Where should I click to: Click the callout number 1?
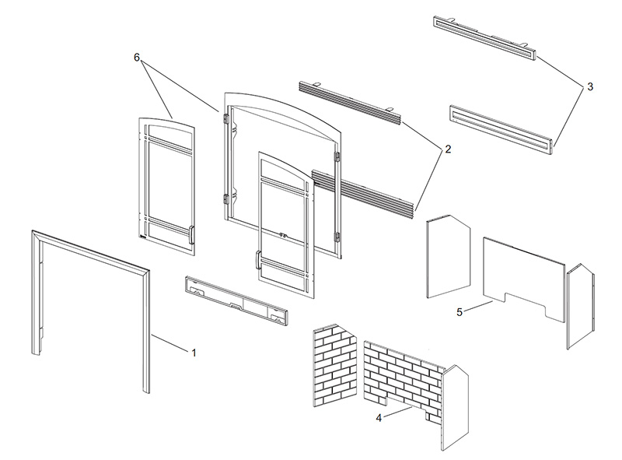pyautogui.click(x=194, y=353)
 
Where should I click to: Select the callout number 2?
pyautogui.click(x=448, y=149)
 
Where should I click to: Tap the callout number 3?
pyautogui.click(x=590, y=86)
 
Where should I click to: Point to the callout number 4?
pyautogui.click(x=379, y=418)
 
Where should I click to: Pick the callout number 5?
pyautogui.click(x=460, y=312)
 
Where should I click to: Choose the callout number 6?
pyautogui.click(x=137, y=58)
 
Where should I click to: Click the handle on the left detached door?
pyautogui.click(x=191, y=234)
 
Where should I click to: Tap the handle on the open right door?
pyautogui.click(x=257, y=260)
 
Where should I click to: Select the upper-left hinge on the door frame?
pyautogui.click(x=226, y=119)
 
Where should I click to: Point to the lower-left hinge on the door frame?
pyautogui.click(x=226, y=199)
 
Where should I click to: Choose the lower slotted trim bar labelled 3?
pyautogui.click(x=501, y=129)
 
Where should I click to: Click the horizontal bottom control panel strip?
pyautogui.click(x=236, y=300)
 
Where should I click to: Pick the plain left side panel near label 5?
pyautogui.click(x=448, y=256)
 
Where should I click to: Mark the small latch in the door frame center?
pyautogui.click(x=283, y=235)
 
